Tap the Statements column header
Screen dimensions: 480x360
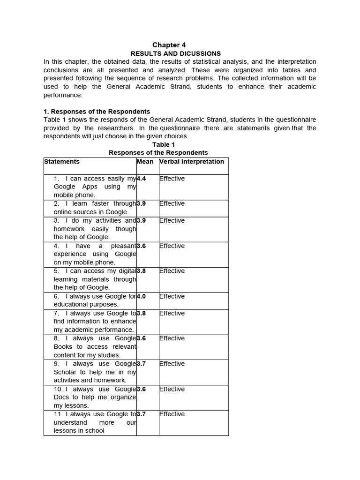point(62,162)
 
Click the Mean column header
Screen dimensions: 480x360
point(145,162)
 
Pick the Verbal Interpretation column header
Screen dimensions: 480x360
point(192,162)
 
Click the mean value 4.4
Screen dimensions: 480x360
point(141,179)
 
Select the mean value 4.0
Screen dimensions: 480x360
point(141,296)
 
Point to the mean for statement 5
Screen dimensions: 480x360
point(141,271)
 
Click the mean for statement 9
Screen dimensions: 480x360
point(141,364)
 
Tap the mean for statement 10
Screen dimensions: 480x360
point(141,389)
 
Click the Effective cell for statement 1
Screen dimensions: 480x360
point(172,179)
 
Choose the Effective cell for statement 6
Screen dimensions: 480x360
point(172,296)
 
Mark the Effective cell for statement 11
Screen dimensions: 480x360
point(172,414)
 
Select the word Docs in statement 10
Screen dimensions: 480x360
point(61,397)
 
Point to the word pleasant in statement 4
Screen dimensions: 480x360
point(123,246)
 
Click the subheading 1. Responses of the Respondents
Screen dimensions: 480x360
point(97,112)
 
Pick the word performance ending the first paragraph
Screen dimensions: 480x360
point(63,95)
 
